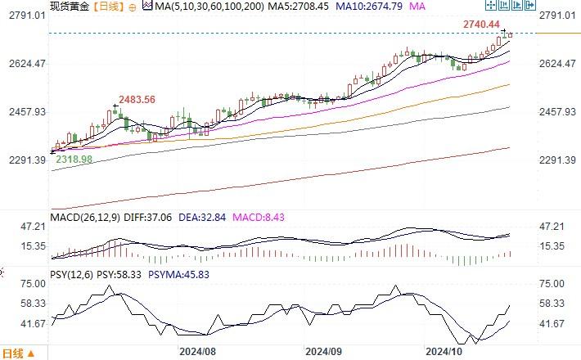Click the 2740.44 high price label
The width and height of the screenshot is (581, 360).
(x=481, y=25)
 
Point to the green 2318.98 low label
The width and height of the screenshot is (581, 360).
(x=74, y=160)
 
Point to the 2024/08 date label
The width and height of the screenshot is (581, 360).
(x=197, y=352)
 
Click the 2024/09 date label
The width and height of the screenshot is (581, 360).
(x=322, y=352)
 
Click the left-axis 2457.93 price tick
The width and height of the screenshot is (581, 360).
(x=26, y=112)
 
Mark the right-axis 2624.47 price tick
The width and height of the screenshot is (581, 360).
(x=558, y=64)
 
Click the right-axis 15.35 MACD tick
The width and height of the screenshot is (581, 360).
(x=553, y=246)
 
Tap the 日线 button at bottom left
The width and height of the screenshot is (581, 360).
(x=16, y=353)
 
